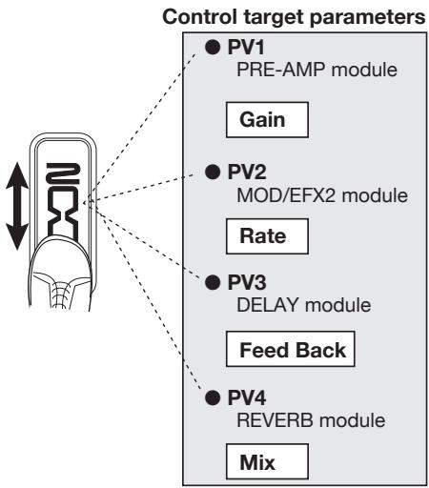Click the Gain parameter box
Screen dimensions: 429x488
[x=267, y=120]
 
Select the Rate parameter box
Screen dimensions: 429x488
[x=267, y=236]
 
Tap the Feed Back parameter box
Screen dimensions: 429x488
[x=290, y=349]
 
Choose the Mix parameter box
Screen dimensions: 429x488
[x=267, y=461]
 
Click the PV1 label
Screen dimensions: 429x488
[x=246, y=48]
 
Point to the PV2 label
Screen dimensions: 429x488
[x=247, y=173]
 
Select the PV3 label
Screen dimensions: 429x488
[x=247, y=282]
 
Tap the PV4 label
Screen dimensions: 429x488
[x=247, y=397]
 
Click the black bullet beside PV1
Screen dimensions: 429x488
[x=213, y=48]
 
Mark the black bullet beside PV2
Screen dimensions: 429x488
[x=213, y=173]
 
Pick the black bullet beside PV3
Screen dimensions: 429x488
[x=213, y=282]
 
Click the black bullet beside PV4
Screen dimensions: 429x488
[x=213, y=397]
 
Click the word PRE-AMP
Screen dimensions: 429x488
[x=281, y=70]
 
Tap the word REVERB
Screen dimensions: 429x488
[x=275, y=420]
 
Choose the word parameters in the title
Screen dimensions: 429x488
[x=367, y=18]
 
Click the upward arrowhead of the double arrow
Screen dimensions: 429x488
[x=17, y=175]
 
